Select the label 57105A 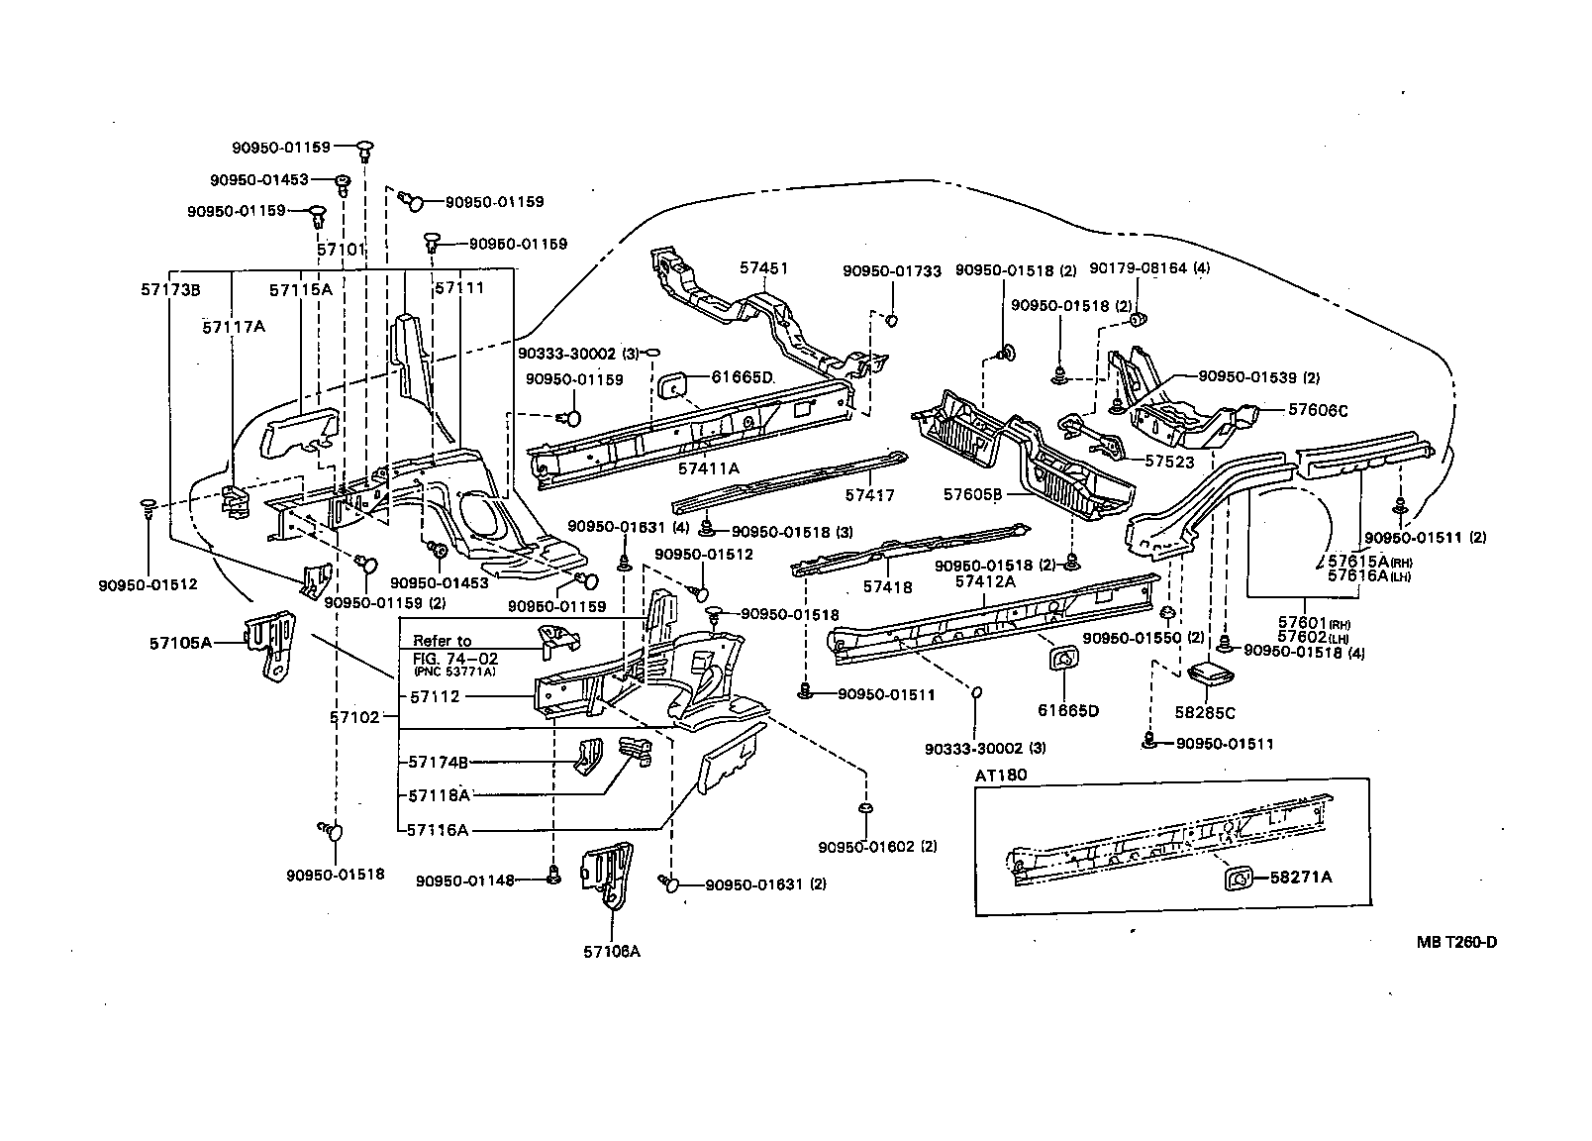pyautogui.click(x=181, y=643)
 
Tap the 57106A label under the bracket pyautogui.click(x=612, y=952)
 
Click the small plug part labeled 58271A pyautogui.click(x=1237, y=877)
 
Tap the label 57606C pyautogui.click(x=1319, y=410)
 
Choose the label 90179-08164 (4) pyautogui.click(x=1149, y=268)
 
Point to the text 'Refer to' pyautogui.click(x=442, y=641)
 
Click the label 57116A pyautogui.click(x=437, y=830)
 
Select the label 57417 pyautogui.click(x=871, y=493)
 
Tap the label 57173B pyautogui.click(x=170, y=289)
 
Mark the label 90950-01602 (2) pyautogui.click(x=877, y=846)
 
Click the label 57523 pyautogui.click(x=1170, y=462)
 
